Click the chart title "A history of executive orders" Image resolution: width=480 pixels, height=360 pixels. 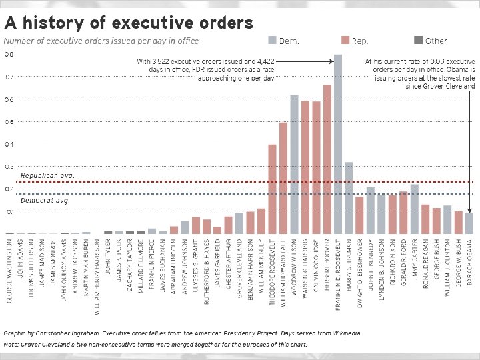pyautogui.click(x=129, y=23)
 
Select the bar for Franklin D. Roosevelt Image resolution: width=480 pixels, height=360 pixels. pyautogui.click(x=338, y=143)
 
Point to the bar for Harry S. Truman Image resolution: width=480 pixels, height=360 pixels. pyautogui.click(x=349, y=197)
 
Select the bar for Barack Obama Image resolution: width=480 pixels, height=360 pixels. pyautogui.click(x=469, y=223)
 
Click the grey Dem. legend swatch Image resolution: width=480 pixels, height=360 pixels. pyautogui.click(x=271, y=40)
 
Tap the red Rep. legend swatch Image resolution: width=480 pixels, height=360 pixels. pyautogui.click(x=344, y=40)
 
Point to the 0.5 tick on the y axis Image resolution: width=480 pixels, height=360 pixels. pyautogui.click(x=9, y=122)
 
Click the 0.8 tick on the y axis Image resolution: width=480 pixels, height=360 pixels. pyautogui.click(x=9, y=54)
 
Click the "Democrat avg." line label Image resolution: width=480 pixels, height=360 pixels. pyautogui.click(x=45, y=200)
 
